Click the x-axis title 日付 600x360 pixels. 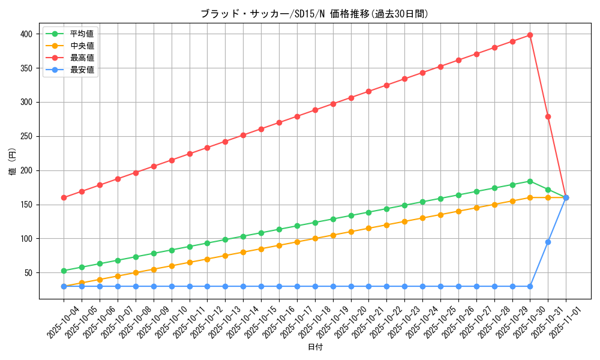(315, 347)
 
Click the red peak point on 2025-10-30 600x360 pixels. (530, 35)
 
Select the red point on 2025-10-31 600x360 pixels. (548, 116)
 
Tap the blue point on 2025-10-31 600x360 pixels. (548, 242)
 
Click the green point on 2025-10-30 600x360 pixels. (530, 181)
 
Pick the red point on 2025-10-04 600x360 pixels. (64, 197)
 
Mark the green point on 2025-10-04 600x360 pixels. (64, 271)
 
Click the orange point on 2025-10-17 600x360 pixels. (297, 242)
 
